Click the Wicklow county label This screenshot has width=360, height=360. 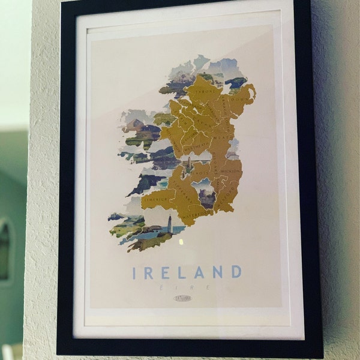231,172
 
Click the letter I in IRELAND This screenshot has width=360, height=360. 135,273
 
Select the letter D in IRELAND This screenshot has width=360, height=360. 235,272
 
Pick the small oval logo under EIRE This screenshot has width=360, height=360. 182,298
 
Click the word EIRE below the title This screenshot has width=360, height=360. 184,287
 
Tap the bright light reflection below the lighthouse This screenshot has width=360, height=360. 181,240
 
